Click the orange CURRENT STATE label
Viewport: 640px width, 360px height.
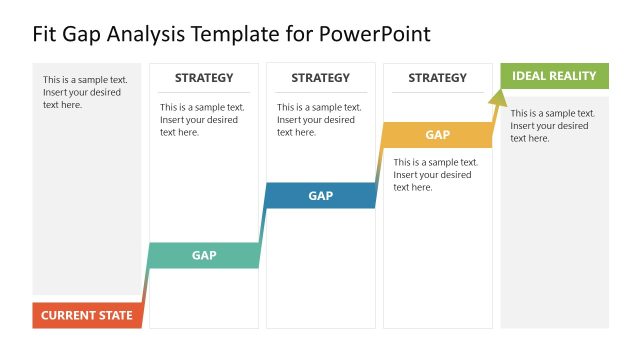coord(86,315)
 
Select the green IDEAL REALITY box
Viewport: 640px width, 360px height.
coord(554,76)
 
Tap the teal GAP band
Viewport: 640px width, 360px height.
coord(204,255)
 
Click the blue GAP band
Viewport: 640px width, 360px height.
coord(320,196)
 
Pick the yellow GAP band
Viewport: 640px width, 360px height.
coord(437,135)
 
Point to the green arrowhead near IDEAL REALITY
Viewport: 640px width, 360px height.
coord(497,95)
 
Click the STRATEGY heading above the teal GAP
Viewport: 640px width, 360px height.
coord(204,78)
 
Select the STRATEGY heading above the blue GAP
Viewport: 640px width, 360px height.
coord(320,78)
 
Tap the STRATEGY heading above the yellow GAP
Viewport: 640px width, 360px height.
coord(437,78)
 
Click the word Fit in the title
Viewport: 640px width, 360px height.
coord(46,34)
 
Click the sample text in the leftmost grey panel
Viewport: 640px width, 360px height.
coord(85,92)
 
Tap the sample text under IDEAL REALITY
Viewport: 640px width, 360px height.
coord(553,126)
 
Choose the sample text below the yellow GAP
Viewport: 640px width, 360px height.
coord(436,174)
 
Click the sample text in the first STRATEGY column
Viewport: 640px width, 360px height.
coord(202,119)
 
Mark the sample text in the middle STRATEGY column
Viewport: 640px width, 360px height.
coord(319,119)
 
